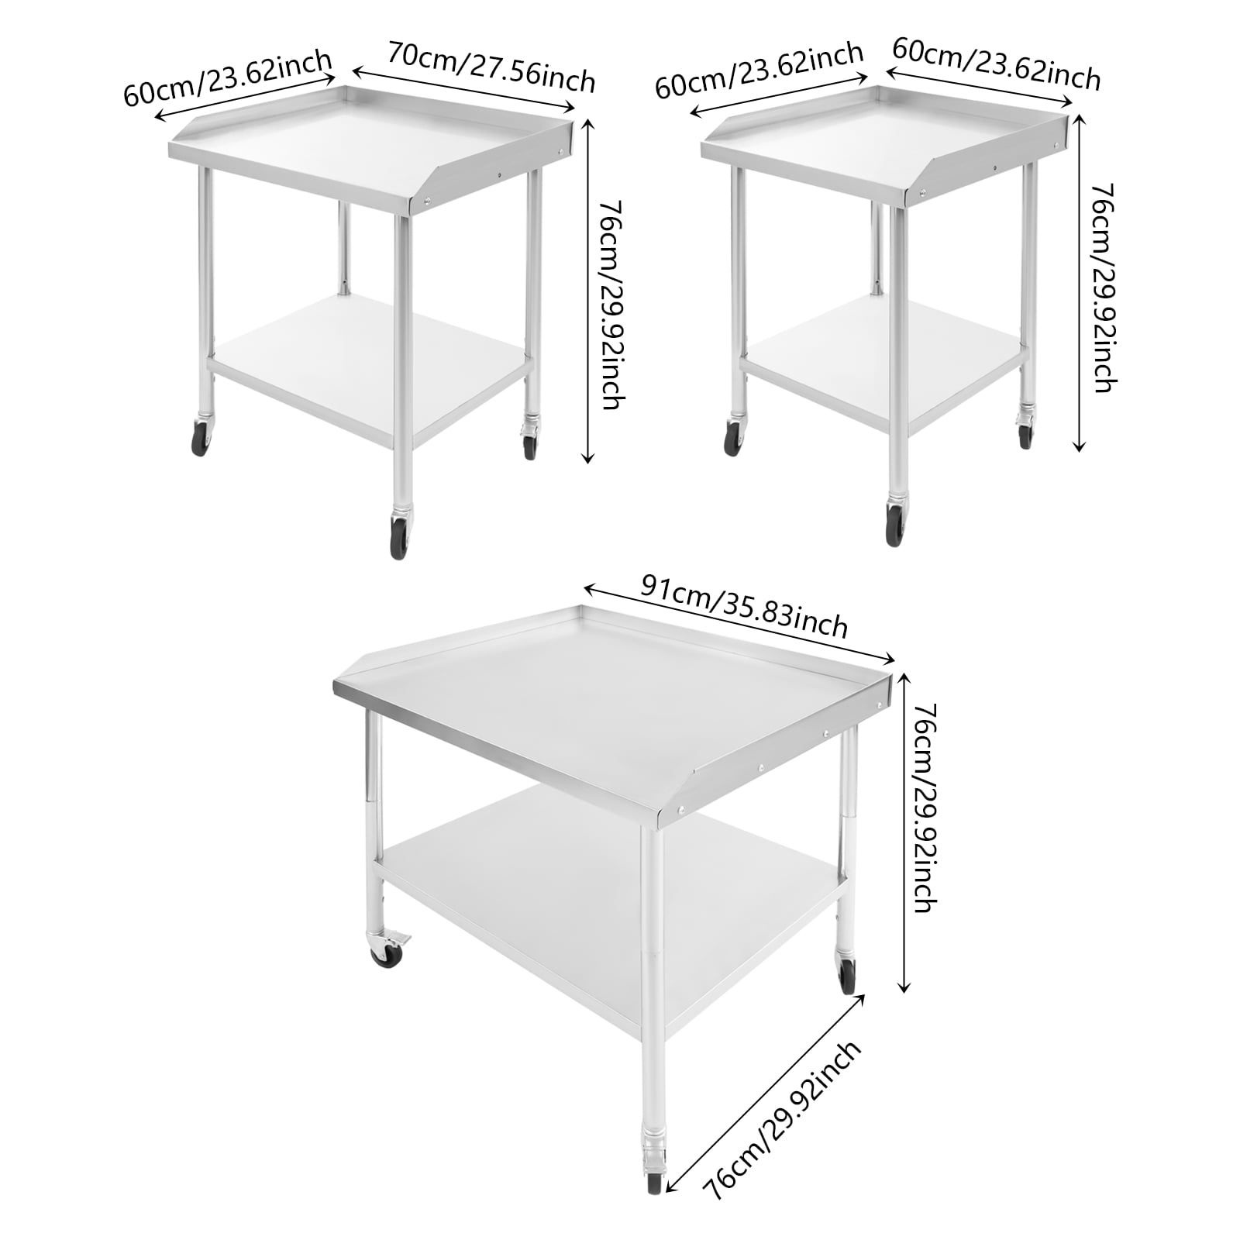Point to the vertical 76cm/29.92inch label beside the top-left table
[611, 305]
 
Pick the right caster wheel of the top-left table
[529, 446]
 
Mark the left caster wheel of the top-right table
[732, 439]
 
